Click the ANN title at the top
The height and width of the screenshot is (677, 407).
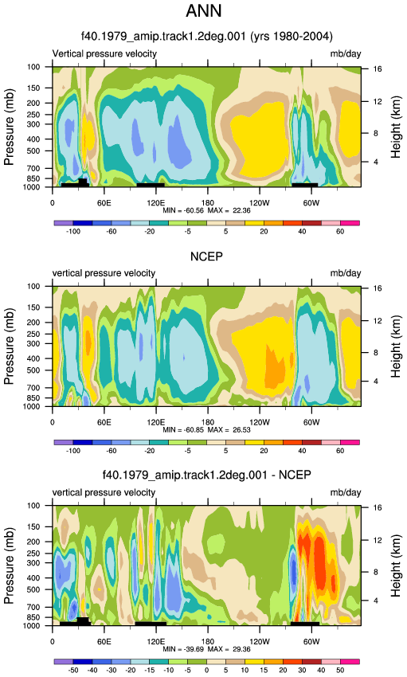[204, 10]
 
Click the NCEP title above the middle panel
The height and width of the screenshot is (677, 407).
[207, 257]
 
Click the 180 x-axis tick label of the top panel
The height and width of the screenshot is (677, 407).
[208, 203]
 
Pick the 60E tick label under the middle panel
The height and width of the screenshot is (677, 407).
[104, 422]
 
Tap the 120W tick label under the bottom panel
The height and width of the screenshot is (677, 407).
[260, 642]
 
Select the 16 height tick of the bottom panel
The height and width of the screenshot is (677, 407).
[378, 508]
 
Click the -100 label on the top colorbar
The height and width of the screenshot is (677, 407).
[73, 232]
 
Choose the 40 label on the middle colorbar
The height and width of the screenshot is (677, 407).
[302, 451]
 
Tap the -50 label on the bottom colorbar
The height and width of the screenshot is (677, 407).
[73, 670]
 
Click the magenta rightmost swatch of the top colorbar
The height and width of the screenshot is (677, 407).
[350, 223]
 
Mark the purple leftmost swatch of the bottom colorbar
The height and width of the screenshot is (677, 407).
[64, 661]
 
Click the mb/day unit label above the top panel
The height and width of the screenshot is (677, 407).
[346, 54]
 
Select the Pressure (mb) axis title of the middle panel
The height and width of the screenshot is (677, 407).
[10, 346]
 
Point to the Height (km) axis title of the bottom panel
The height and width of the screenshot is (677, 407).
[396, 566]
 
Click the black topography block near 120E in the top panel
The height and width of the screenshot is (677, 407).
[151, 185]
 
